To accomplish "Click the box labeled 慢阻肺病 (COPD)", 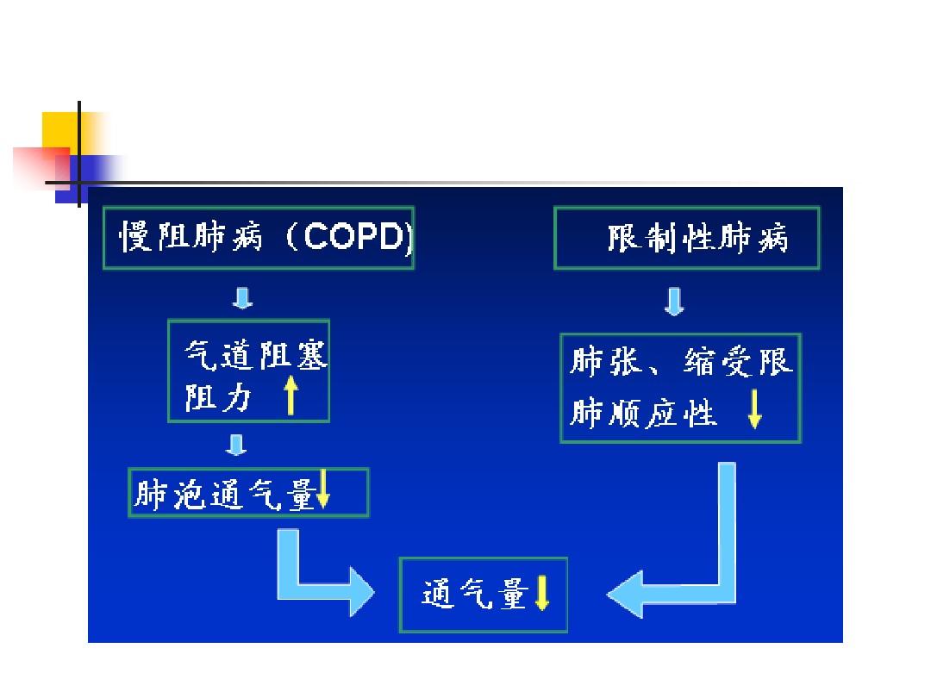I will click(258, 238).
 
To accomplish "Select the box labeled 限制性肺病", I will click(686, 238).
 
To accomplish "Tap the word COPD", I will click(354, 238).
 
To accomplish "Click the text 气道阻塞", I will click(256, 355).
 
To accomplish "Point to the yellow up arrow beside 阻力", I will click(291, 397).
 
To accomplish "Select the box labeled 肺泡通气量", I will click(248, 493).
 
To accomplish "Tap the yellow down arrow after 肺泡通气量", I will click(324, 490).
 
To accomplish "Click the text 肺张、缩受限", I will click(680, 363).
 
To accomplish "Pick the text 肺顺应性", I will click(643, 414).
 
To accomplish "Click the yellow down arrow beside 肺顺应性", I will click(754, 411).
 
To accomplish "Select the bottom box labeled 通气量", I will click(484, 595).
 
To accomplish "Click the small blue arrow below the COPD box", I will click(243, 298).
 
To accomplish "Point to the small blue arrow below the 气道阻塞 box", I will click(235, 446).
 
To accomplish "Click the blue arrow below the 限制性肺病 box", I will click(675, 301).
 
